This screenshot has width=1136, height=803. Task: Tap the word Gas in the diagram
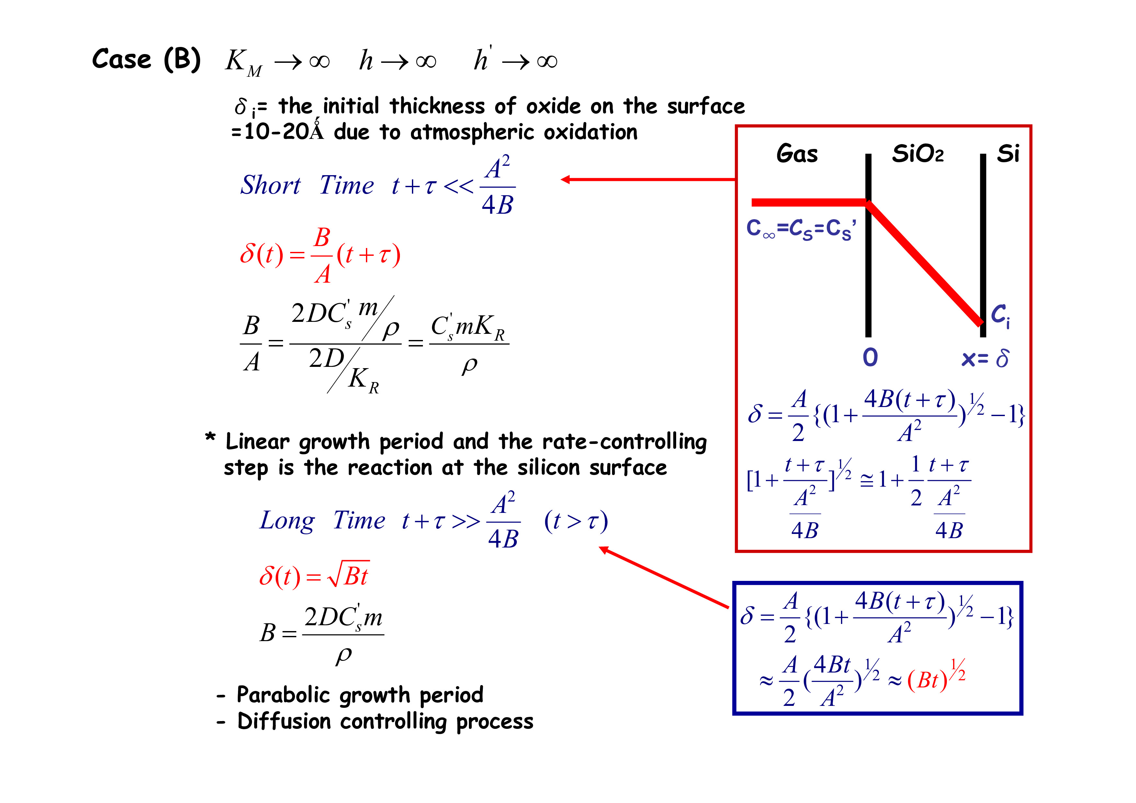pyautogui.click(x=797, y=153)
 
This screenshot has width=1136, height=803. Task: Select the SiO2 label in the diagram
pyautogui.click(x=917, y=154)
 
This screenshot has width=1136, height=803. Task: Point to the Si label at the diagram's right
pyautogui.click(x=1008, y=153)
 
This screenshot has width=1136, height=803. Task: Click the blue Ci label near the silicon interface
pyautogui.click(x=1000, y=315)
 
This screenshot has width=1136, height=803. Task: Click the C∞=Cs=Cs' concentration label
pyautogui.click(x=801, y=229)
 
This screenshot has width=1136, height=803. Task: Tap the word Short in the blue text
pyautogui.click(x=270, y=186)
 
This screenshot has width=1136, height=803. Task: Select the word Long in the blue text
pyautogui.click(x=287, y=521)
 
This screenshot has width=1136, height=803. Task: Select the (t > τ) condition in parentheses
pyautogui.click(x=576, y=521)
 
